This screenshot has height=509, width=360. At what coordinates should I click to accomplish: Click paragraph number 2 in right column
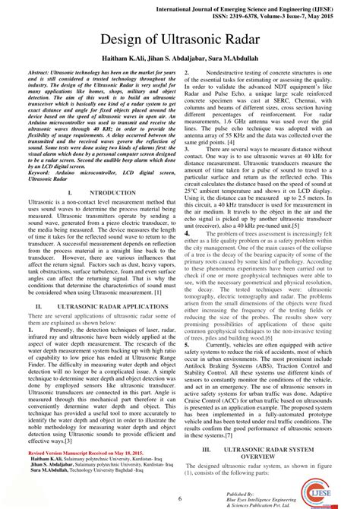pos(186,70)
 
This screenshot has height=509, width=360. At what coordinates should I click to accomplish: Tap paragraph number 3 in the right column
pos(186,150)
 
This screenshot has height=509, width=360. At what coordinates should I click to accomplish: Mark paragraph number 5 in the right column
pos(186,344)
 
